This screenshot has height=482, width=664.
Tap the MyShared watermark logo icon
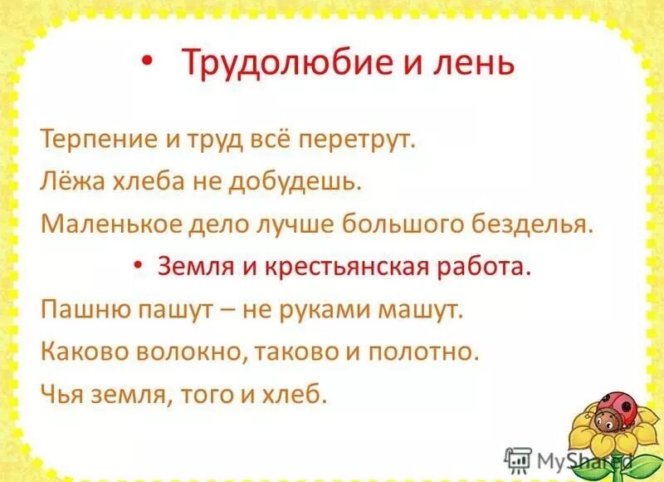[518, 458]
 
